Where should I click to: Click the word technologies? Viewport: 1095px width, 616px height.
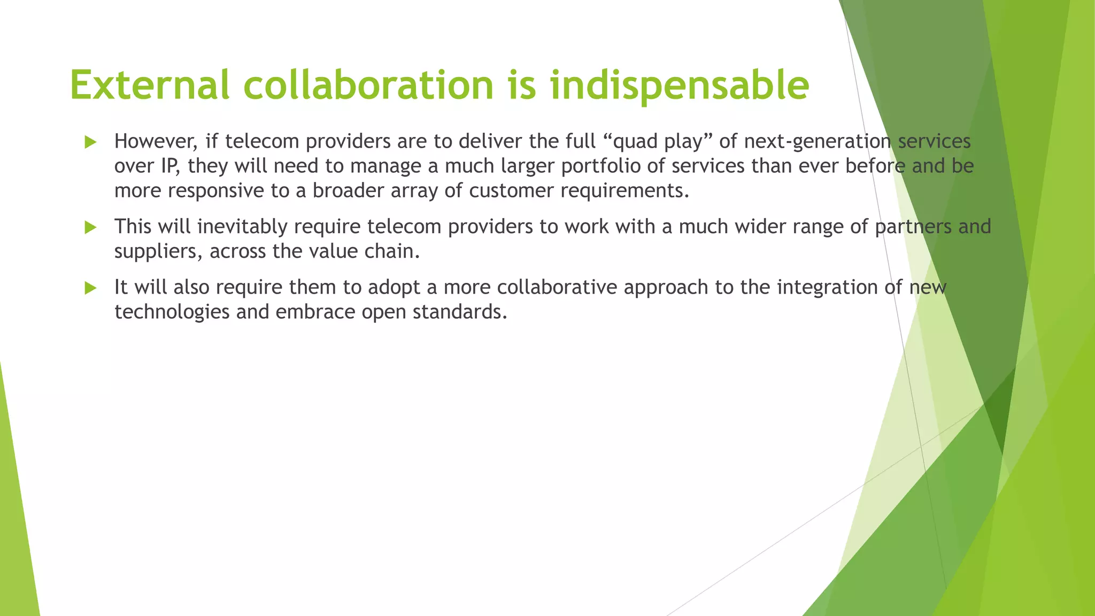tap(172, 312)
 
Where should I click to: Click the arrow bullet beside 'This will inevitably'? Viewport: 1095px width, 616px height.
tap(90, 228)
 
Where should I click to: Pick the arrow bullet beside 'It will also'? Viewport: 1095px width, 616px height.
tap(90, 288)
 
